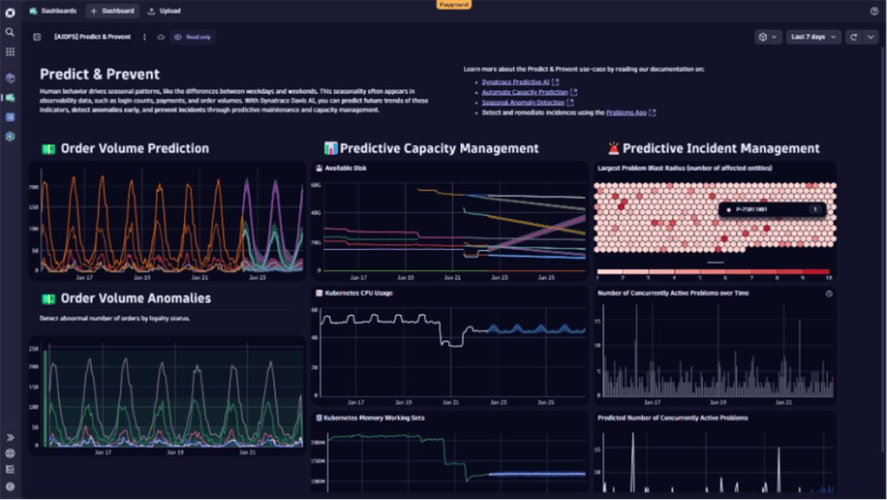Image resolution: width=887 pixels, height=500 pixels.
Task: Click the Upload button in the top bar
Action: click(x=165, y=11)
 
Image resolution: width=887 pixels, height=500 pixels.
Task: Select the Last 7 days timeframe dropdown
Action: click(x=812, y=37)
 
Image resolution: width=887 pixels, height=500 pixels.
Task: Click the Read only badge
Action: click(x=194, y=37)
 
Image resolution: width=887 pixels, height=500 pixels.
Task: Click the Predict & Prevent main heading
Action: click(x=100, y=75)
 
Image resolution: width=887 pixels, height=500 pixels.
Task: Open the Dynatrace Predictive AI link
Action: click(x=516, y=82)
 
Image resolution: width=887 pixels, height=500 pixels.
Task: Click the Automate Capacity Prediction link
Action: click(x=524, y=92)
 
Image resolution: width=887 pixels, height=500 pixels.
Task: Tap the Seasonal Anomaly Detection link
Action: click(x=522, y=102)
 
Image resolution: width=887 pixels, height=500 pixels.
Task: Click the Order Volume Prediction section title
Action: click(x=135, y=148)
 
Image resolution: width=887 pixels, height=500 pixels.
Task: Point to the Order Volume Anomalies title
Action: click(x=135, y=299)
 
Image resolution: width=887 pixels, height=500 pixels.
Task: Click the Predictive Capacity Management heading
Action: click(x=438, y=148)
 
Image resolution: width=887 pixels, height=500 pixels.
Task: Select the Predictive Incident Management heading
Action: click(x=720, y=148)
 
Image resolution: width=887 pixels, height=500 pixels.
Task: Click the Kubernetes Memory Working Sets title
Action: click(x=374, y=418)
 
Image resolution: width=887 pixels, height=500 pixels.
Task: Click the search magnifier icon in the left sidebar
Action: click(x=10, y=32)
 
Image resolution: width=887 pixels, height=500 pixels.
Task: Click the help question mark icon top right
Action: click(x=874, y=11)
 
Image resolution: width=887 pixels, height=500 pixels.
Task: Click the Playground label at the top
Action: click(x=453, y=4)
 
